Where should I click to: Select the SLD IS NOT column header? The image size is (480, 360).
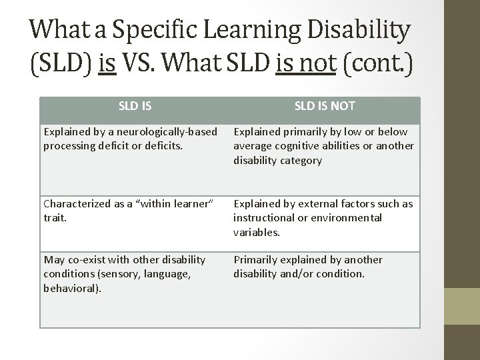point(325,105)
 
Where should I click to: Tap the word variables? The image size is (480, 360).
point(256,232)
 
